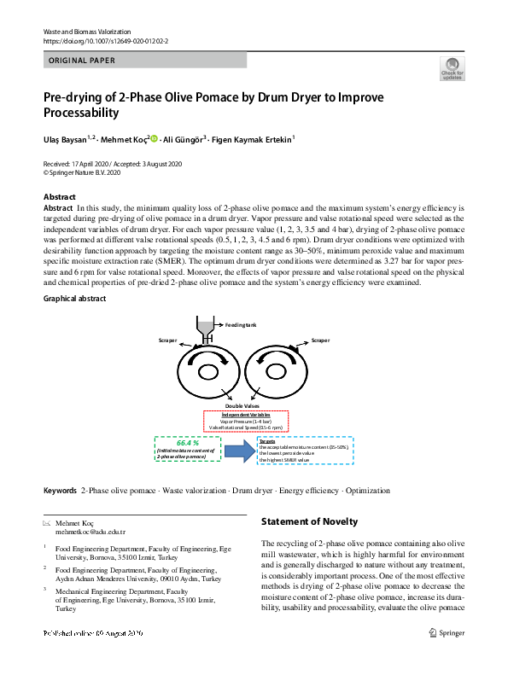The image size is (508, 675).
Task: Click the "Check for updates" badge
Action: (x=452, y=68)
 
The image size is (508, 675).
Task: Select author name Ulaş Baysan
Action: (x=66, y=137)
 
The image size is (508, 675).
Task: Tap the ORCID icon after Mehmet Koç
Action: (x=155, y=137)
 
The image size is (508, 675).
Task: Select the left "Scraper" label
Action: (x=167, y=340)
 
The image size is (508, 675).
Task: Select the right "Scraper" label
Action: (x=320, y=340)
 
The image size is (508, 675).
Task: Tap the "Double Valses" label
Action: (x=242, y=406)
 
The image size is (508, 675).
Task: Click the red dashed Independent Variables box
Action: (x=246, y=420)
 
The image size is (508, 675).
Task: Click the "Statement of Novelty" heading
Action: (x=309, y=521)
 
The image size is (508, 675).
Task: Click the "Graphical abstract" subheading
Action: (x=74, y=299)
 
